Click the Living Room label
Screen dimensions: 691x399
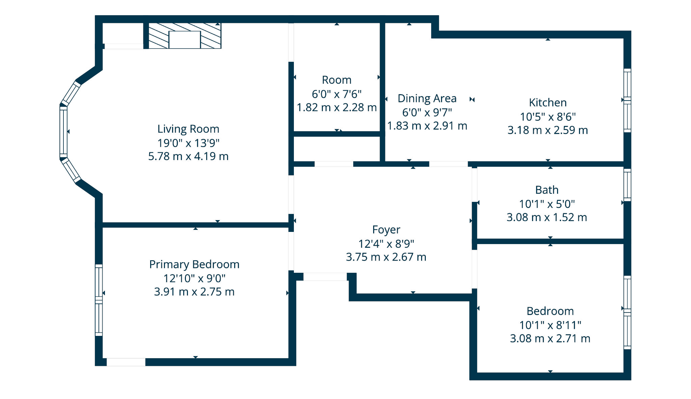tap(188, 129)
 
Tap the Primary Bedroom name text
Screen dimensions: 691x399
tap(194, 264)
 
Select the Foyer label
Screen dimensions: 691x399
tap(386, 230)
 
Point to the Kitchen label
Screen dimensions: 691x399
tap(548, 103)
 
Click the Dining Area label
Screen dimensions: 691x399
tap(427, 99)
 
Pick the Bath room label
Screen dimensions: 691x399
tap(547, 190)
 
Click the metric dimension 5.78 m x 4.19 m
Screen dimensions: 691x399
tap(188, 156)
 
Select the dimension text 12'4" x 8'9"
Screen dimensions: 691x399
tap(386, 243)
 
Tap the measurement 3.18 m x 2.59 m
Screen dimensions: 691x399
tap(548, 130)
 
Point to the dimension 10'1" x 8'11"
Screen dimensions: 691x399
tap(550, 325)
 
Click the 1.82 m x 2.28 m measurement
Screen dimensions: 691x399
tap(337, 108)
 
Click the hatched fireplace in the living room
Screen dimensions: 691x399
tap(185, 36)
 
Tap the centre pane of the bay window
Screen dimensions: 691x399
tap(63, 132)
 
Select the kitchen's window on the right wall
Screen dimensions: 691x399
tap(627, 101)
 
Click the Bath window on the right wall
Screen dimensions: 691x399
tap(627, 185)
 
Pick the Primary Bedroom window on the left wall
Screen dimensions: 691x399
tap(99, 300)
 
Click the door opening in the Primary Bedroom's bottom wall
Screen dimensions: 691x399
tap(126, 362)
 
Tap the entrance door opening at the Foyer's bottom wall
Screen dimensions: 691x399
tap(325, 277)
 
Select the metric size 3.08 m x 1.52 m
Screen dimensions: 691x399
tap(547, 217)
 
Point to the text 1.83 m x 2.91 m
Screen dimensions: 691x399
tap(427, 126)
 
